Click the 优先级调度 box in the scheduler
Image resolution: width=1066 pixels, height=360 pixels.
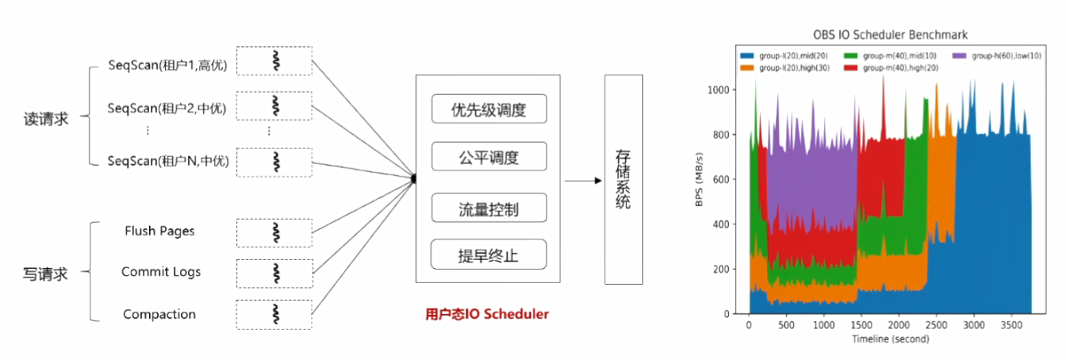point(489,109)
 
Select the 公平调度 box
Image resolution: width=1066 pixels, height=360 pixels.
point(489,156)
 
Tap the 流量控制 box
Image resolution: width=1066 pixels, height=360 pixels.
point(489,208)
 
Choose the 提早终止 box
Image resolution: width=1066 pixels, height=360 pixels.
point(489,255)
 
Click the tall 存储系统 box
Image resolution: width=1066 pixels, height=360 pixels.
point(623,179)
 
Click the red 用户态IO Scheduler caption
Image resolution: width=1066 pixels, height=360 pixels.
point(487,314)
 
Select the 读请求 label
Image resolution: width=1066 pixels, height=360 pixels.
point(46,119)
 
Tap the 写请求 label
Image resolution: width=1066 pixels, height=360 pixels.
point(45,274)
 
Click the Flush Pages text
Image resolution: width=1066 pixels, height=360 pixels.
point(159,231)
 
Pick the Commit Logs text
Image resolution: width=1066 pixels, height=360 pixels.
point(161,271)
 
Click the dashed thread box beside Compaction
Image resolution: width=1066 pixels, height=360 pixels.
point(274,314)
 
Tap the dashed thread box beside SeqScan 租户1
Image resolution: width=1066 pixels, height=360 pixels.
point(274,61)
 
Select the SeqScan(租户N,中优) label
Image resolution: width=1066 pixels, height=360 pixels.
point(168,161)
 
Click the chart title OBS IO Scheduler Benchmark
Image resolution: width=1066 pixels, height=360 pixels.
point(890,35)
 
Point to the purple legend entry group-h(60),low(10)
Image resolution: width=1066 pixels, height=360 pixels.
point(996,56)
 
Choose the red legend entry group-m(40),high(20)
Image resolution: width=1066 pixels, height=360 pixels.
point(891,68)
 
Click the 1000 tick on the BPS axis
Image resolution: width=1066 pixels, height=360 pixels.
point(718,90)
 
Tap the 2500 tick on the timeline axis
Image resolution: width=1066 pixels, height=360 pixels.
point(936,325)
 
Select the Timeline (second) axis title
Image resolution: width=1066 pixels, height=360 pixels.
point(890,339)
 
